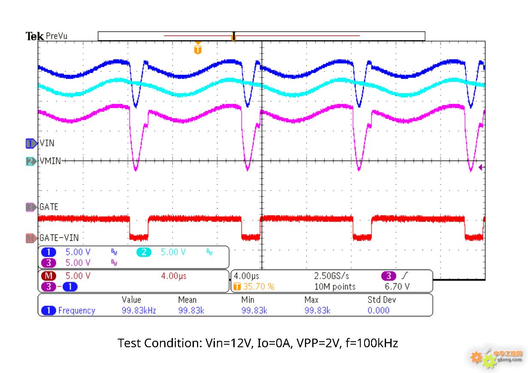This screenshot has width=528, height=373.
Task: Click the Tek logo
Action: [35, 36]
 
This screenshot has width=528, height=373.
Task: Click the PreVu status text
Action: [57, 36]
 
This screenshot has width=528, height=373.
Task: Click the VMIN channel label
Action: [50, 161]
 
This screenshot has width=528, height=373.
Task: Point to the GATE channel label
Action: [49, 207]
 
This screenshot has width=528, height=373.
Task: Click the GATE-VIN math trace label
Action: [59, 238]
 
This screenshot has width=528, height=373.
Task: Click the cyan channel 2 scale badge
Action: [144, 252]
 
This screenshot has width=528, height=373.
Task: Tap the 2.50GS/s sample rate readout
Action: [332, 276]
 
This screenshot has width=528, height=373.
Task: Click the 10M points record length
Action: [335, 287]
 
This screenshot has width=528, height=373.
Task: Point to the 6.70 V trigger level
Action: [397, 287]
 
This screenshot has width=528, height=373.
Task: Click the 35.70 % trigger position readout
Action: [259, 287]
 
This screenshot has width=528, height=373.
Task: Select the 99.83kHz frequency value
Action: [139, 310]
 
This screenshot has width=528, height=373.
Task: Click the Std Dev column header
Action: [382, 300]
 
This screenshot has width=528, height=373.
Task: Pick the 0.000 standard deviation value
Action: [379, 310]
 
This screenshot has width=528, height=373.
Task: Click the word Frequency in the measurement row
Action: [77, 311]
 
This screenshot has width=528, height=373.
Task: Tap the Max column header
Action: [311, 300]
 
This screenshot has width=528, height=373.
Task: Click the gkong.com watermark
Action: [510, 359]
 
